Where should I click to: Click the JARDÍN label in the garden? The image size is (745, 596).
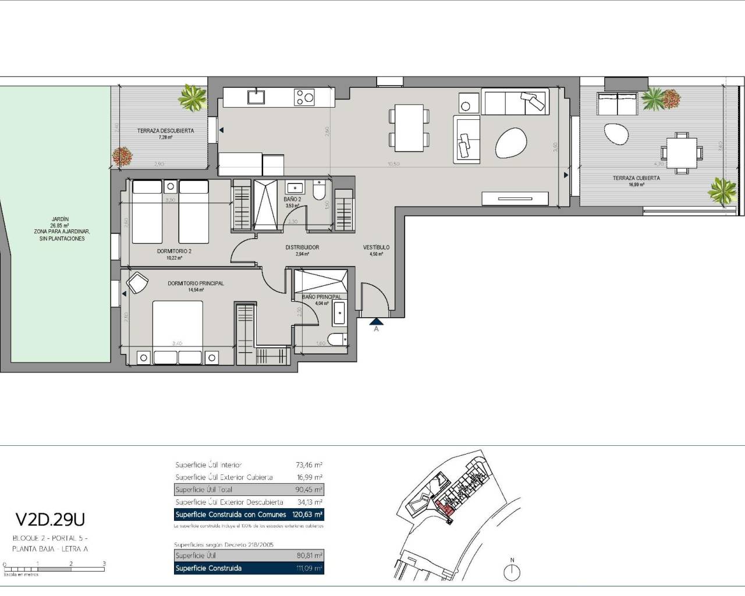[x=59, y=219]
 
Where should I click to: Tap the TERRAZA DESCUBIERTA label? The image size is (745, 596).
[x=165, y=131]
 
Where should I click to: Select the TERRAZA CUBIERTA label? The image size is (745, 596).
[x=636, y=178]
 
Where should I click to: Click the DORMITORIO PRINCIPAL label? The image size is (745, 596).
[x=196, y=283]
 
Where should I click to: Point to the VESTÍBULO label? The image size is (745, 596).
[x=376, y=247]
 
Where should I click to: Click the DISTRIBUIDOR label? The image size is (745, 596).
[x=302, y=247]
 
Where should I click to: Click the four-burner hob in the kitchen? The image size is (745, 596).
[x=304, y=97]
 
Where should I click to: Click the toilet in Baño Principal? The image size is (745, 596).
[x=337, y=340]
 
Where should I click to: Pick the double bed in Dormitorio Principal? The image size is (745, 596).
[x=178, y=326]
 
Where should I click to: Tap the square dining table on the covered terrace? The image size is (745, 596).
[x=681, y=152]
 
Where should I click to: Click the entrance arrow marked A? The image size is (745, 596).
[x=376, y=321]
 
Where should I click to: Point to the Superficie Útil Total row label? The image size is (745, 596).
[x=204, y=489]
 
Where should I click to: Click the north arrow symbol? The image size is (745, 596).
[x=512, y=572]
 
